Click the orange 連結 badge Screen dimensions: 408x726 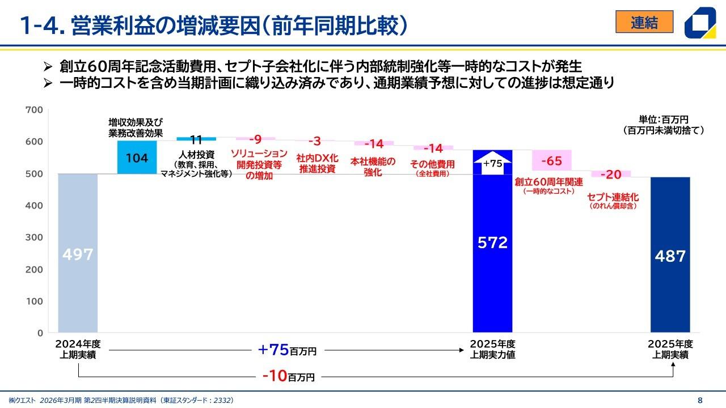point(644,22)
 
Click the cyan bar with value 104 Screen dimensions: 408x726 point(137,158)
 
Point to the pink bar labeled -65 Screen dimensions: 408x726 point(551,161)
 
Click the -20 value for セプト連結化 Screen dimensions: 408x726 point(611,174)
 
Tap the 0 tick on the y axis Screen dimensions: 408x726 point(40,333)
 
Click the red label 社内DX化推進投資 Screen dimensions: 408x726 point(318,164)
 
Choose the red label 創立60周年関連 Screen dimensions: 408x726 point(548,182)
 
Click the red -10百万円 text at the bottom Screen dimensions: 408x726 point(288,376)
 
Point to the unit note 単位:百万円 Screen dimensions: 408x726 point(663,120)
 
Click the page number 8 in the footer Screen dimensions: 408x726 point(699,399)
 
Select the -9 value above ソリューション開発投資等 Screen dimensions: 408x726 point(255,139)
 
